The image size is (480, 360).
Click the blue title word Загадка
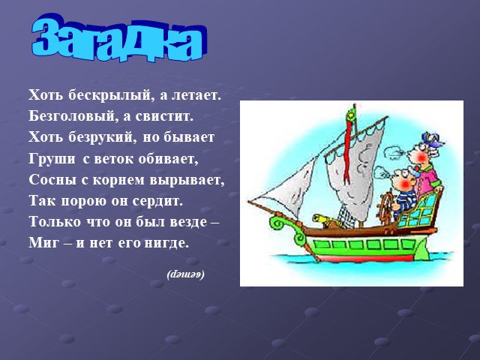pyautogui.click(x=119, y=38)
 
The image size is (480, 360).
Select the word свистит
pyautogui.click(x=164, y=116)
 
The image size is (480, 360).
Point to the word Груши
pyautogui.click(x=52, y=159)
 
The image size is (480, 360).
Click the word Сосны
pyautogui.click(x=52, y=180)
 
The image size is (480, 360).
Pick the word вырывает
pyautogui.click(x=187, y=180)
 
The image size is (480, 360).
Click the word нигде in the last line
pyautogui.click(x=166, y=243)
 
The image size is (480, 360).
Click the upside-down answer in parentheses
pyautogui.click(x=185, y=274)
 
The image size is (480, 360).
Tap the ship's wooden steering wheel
pyautogui.click(x=388, y=205)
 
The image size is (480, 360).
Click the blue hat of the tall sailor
pyautogui.click(x=431, y=139)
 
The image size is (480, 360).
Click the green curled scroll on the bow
pyautogui.click(x=280, y=223)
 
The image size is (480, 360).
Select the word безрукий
pyautogui.click(x=102, y=137)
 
